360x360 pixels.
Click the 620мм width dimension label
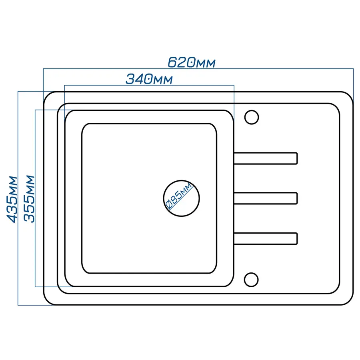pyautogui.click(x=192, y=62)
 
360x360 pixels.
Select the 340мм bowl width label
pyautogui.click(x=149, y=79)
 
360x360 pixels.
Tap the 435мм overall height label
pyautogui.click(x=12, y=199)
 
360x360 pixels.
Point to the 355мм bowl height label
pyautogui.click(x=29, y=199)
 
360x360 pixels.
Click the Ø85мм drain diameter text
pyautogui.click(x=179, y=196)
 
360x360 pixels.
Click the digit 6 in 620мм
pyautogui.click(x=173, y=62)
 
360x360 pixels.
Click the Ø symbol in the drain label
pyautogui.click(x=169, y=205)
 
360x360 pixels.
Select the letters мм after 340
pyautogui.click(x=163, y=80)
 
